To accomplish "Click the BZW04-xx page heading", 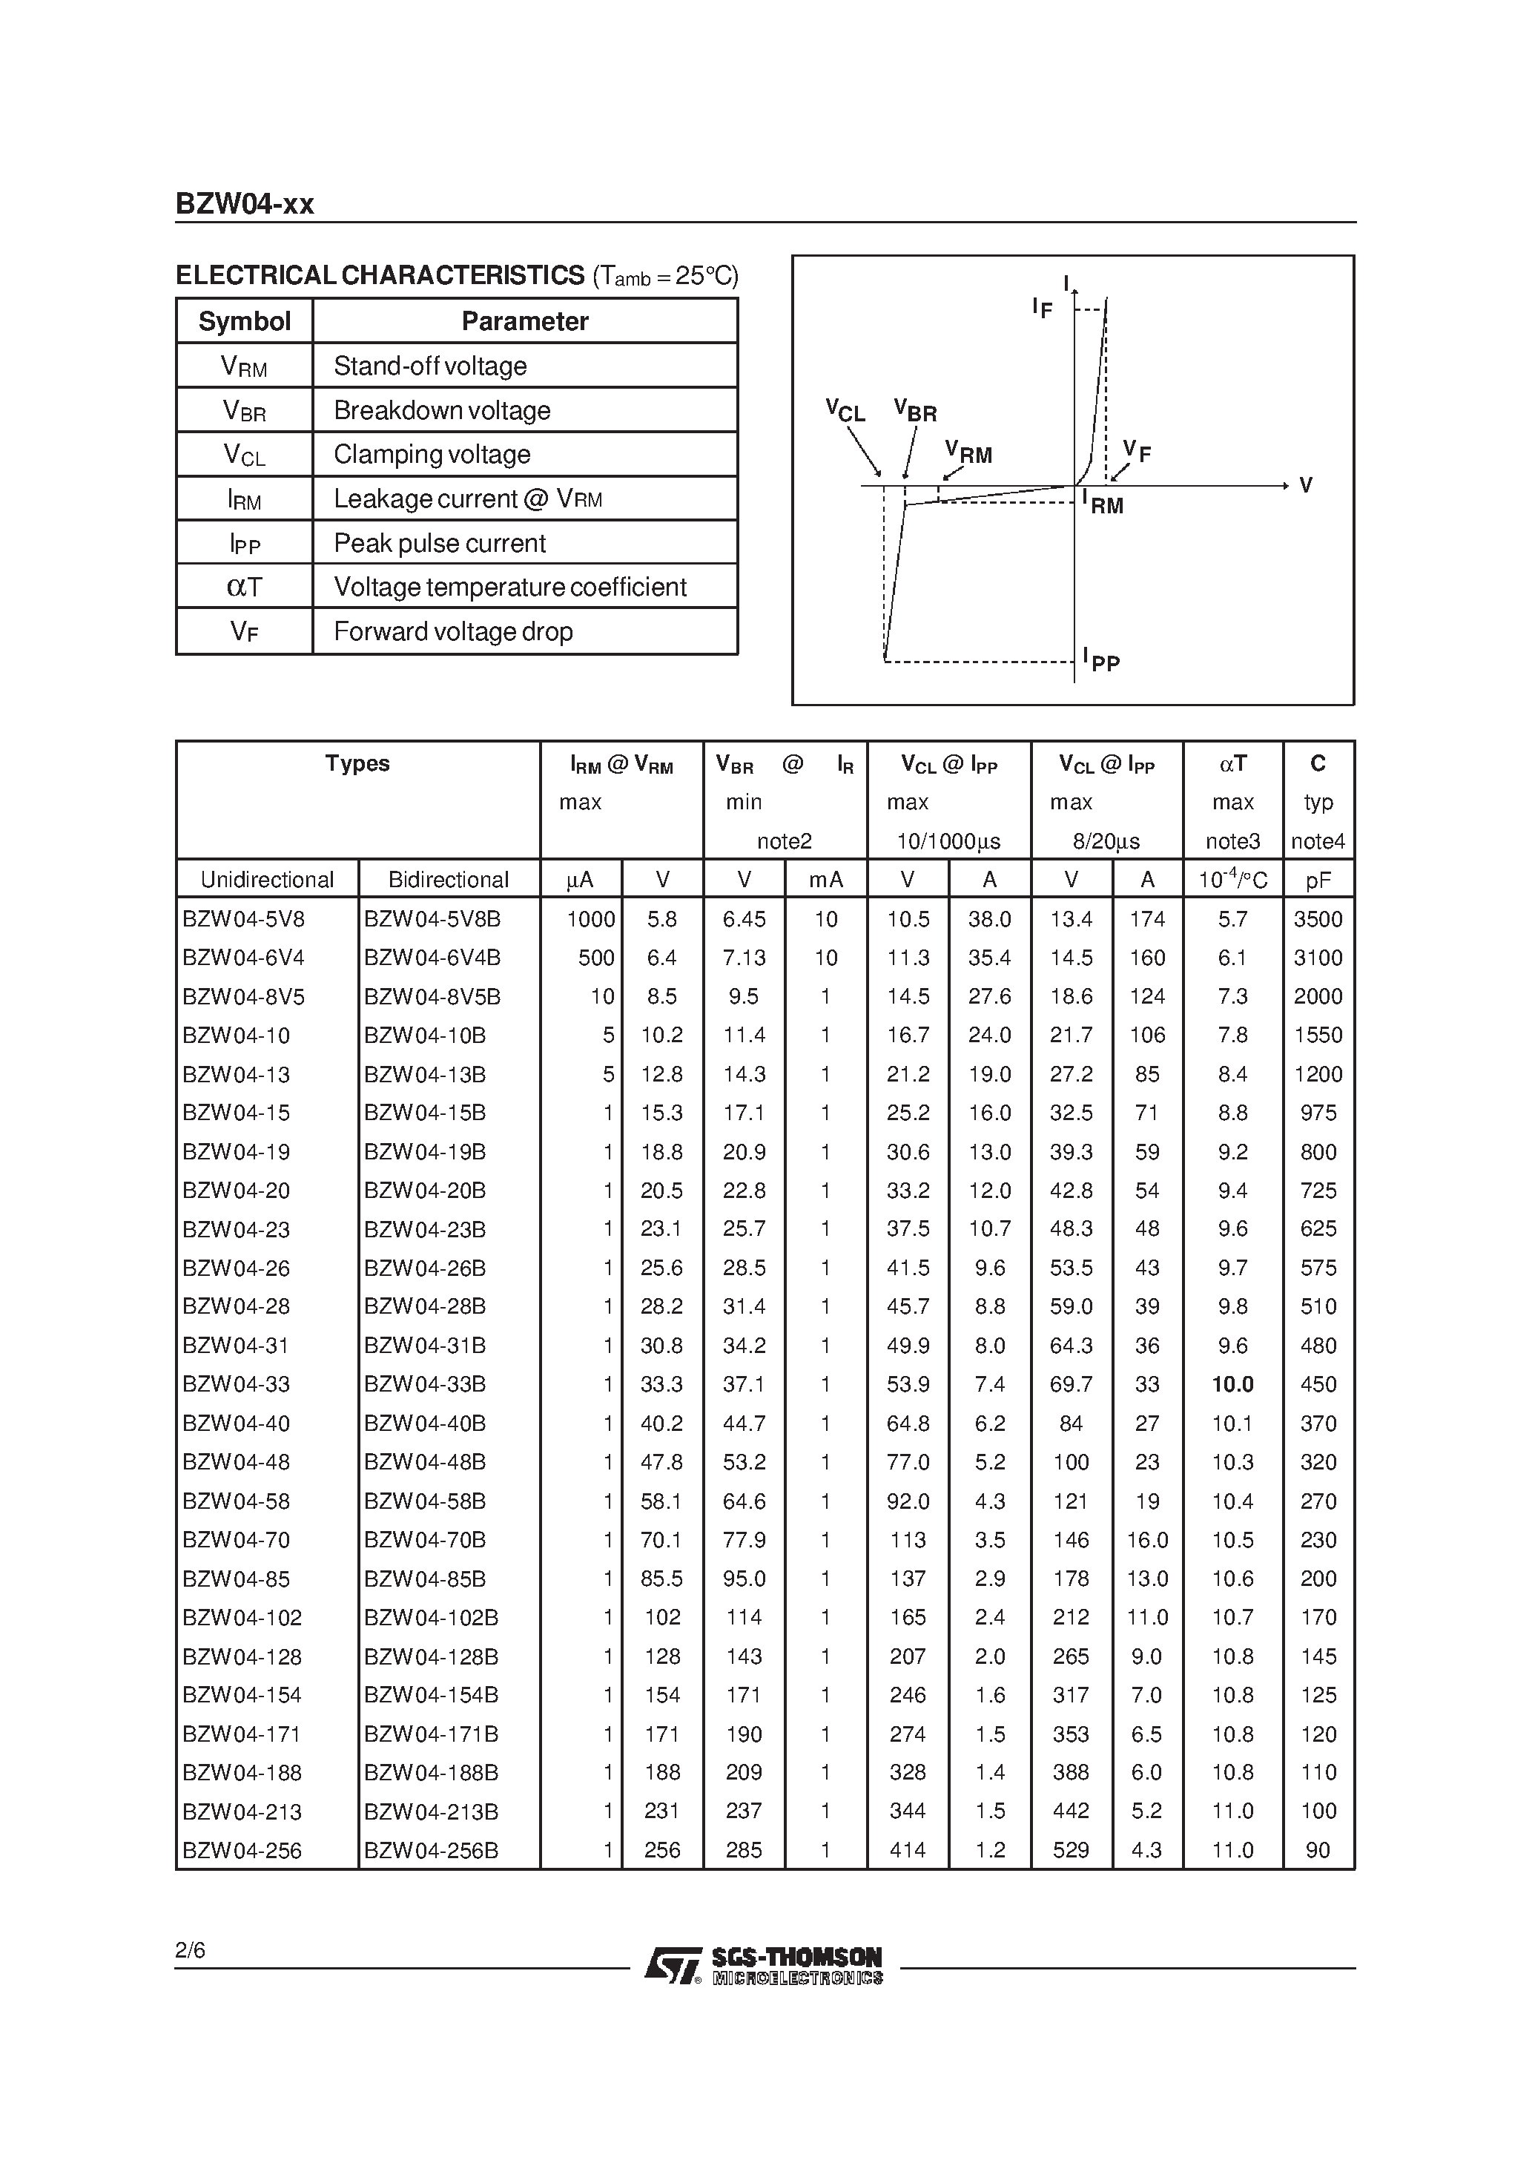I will click(x=245, y=204).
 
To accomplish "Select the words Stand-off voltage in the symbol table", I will click(x=430, y=366).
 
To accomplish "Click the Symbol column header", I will click(x=244, y=321).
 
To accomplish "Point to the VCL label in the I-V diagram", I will click(x=845, y=410).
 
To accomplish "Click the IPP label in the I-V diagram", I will click(x=1101, y=659).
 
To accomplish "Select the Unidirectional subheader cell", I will click(x=267, y=880).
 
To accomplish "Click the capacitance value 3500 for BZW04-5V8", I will click(x=1318, y=919).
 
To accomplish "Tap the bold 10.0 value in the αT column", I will click(x=1232, y=1384).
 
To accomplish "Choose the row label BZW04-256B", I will click(x=431, y=1850).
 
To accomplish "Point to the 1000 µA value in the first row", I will click(x=590, y=919).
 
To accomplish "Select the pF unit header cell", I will click(x=1318, y=880).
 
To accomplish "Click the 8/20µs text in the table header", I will click(x=1106, y=840).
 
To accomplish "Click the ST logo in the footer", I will click(x=673, y=1966).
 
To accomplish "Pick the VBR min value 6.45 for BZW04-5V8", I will click(x=744, y=919).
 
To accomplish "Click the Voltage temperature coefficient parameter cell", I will click(x=510, y=587).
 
